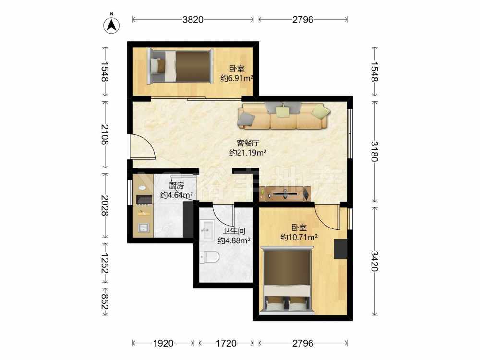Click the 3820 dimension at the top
[193, 20]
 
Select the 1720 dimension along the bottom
[226, 343]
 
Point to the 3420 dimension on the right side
[375, 261]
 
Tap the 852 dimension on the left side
[105, 302]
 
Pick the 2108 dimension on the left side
[105, 135]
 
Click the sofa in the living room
[284, 116]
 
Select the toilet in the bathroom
[209, 257]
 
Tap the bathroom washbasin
[208, 230]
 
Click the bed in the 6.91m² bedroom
[180, 66]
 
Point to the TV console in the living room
[285, 193]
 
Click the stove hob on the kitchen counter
[144, 200]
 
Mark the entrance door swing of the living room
[143, 146]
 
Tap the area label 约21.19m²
[248, 153]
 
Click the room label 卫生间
[234, 231]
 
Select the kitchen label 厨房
[176, 186]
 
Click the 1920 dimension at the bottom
[163, 343]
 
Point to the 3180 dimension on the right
[375, 151]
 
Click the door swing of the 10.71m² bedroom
[327, 218]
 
